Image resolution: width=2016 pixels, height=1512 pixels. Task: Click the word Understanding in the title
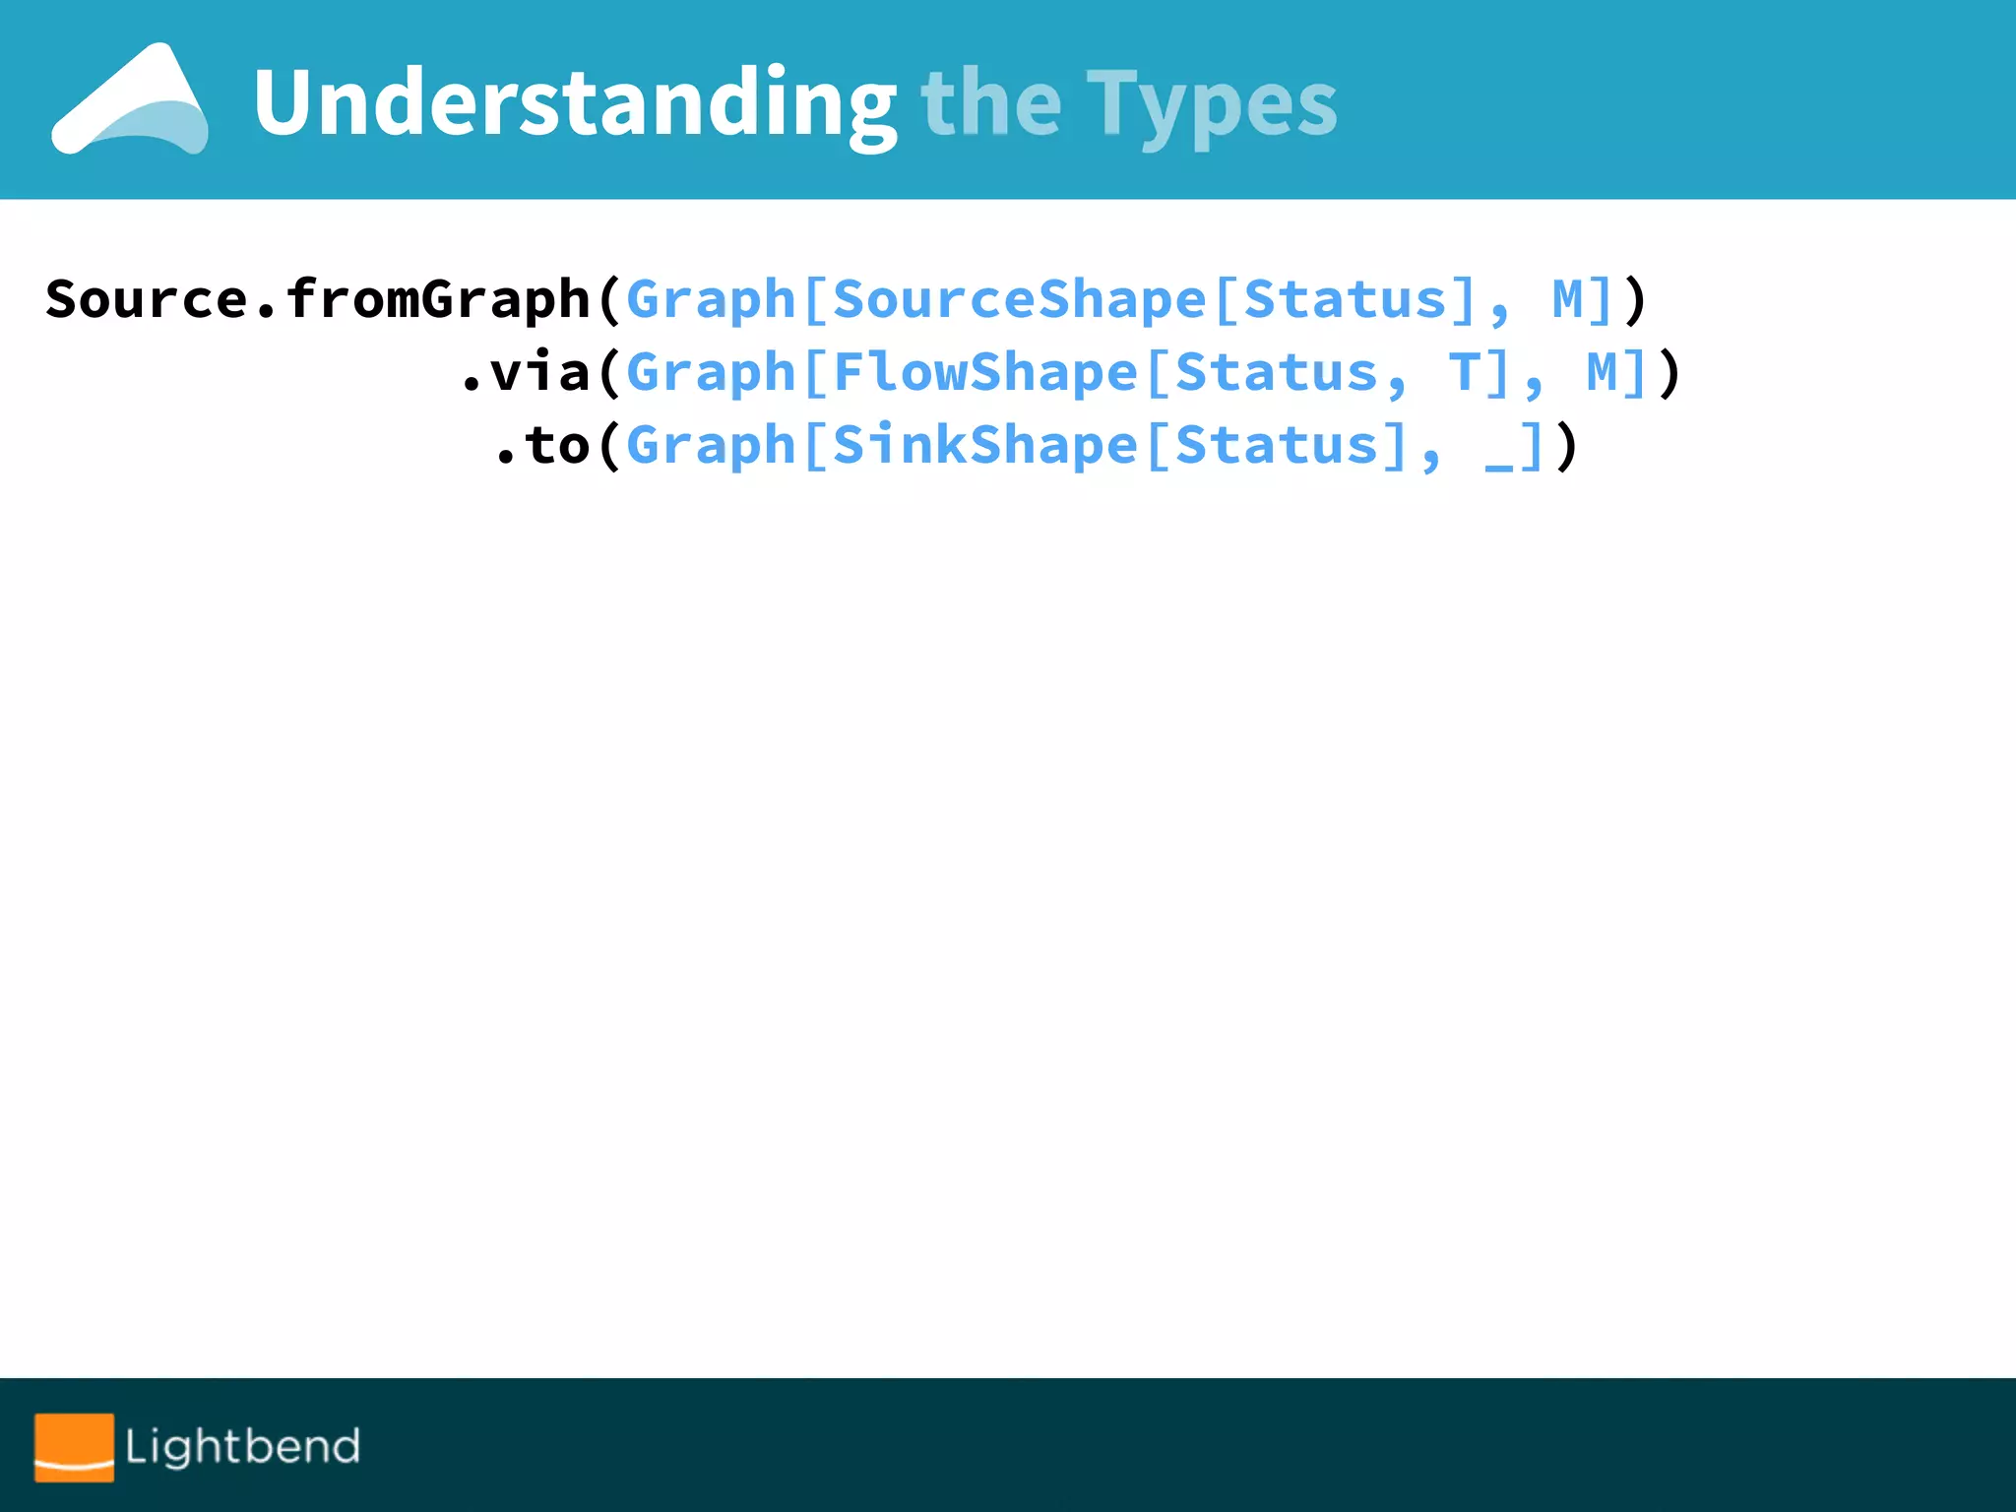[x=574, y=103]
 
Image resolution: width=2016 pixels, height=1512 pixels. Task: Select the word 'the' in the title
[x=990, y=103]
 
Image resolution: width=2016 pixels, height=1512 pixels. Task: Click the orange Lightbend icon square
[x=74, y=1446]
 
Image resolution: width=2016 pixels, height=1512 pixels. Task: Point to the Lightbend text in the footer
[x=242, y=1446]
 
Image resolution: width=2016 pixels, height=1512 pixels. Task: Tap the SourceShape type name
[x=1019, y=299]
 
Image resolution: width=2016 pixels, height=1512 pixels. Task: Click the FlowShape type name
[x=984, y=372]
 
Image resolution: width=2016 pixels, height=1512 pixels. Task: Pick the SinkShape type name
[x=984, y=445]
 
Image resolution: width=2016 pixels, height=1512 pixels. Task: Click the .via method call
[x=526, y=372]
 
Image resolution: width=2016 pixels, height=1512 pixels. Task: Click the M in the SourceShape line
[x=1567, y=299]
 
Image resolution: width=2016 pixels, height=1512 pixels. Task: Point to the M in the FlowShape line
[x=1602, y=372]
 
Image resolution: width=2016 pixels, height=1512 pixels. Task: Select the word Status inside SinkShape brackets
[x=1276, y=445]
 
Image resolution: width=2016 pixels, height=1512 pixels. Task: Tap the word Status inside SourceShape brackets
[x=1345, y=299]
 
